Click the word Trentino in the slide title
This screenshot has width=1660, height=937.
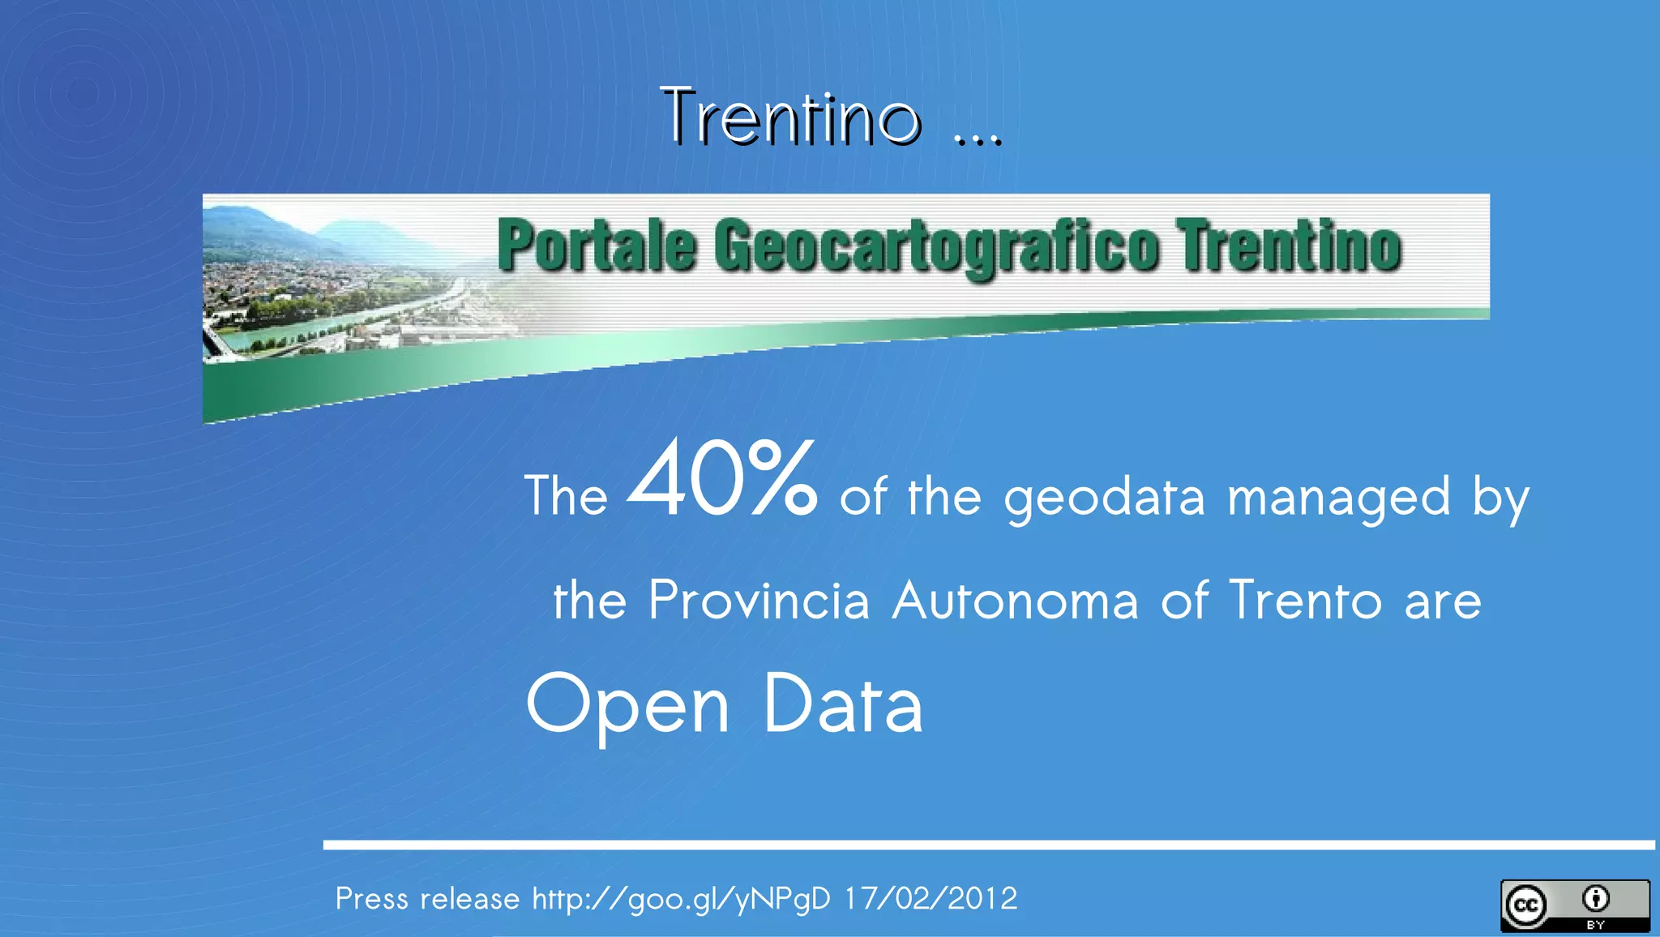(791, 118)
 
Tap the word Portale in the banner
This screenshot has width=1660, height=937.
(597, 246)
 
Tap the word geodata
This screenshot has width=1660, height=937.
(1105, 498)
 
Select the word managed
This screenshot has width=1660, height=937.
(1338, 498)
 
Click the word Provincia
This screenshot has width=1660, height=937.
(759, 601)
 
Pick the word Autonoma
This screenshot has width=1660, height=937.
(1015, 601)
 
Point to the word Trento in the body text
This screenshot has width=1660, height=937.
(1305, 601)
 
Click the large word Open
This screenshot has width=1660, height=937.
(627, 705)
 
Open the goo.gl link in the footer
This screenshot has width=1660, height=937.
(681, 899)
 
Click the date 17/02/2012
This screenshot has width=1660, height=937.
(931, 899)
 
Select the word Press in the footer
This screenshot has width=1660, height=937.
(371, 899)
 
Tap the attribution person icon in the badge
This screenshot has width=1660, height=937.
(1596, 899)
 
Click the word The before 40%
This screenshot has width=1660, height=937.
(566, 496)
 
